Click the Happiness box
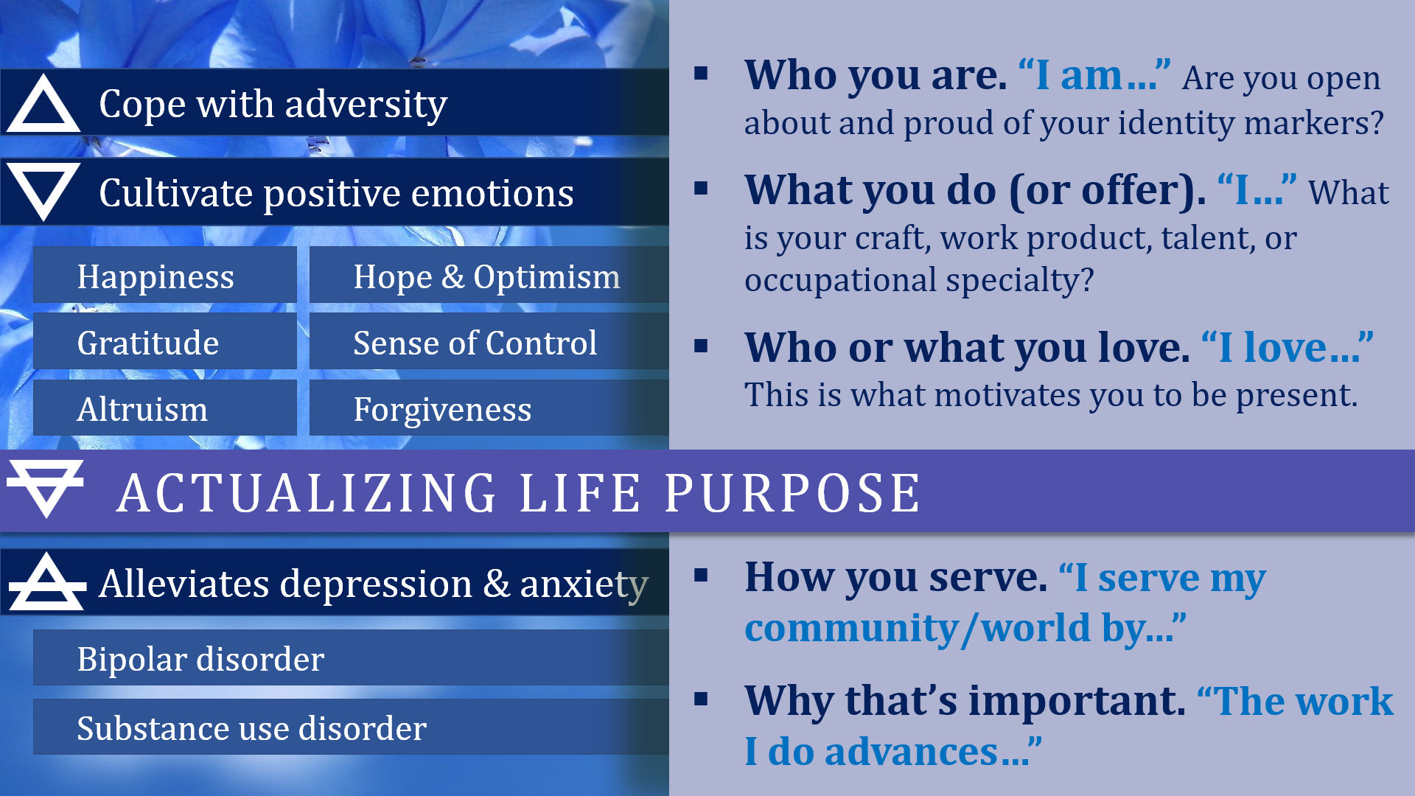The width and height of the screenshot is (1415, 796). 165,275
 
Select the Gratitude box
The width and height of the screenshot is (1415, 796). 165,341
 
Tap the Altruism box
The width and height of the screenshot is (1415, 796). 165,408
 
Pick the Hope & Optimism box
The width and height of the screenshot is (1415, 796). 489,275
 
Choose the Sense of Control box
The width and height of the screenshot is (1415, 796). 489,341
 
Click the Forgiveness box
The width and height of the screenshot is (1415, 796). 489,408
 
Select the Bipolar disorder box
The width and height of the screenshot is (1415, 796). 351,657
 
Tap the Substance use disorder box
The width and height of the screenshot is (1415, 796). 351,727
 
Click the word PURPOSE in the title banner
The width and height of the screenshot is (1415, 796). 792,492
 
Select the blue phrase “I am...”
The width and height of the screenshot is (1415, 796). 1094,75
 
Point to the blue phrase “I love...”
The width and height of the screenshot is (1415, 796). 1287,347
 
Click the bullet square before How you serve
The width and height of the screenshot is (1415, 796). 701,575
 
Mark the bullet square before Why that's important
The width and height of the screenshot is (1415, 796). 701,699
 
